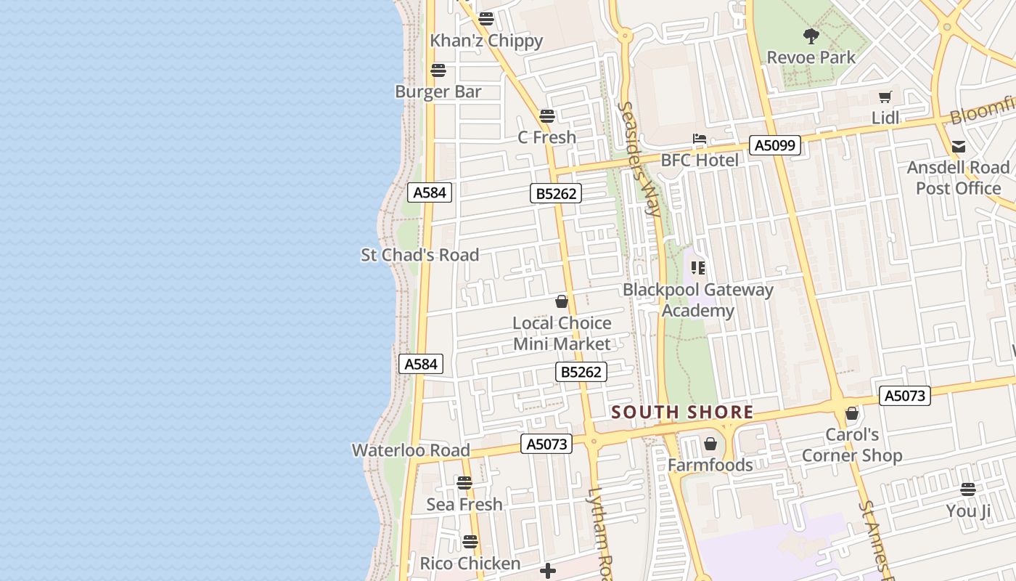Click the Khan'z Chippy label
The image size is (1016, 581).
click(x=486, y=41)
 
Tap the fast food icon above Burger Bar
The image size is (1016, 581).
click(x=438, y=70)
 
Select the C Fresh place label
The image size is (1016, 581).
click(x=546, y=137)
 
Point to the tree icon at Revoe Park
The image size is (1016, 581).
click(x=811, y=36)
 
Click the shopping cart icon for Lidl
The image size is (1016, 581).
click(x=885, y=97)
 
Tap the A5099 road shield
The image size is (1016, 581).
click(x=775, y=145)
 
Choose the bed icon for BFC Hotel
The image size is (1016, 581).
click(x=699, y=139)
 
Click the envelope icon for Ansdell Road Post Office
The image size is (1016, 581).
click(x=958, y=147)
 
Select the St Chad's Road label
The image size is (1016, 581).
click(x=420, y=255)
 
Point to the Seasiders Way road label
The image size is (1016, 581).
click(x=639, y=159)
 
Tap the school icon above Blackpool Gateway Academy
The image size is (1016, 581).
click(x=698, y=268)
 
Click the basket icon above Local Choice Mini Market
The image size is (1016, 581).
click(x=562, y=301)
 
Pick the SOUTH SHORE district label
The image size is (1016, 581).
click(x=682, y=413)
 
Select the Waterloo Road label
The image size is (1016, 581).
click(x=411, y=450)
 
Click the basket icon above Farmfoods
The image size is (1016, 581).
click(x=710, y=444)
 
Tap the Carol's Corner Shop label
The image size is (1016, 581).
click(x=852, y=445)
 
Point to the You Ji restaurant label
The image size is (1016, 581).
click(x=968, y=511)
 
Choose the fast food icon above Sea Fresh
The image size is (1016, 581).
click(x=464, y=482)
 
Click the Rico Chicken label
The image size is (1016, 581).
click(x=470, y=564)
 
